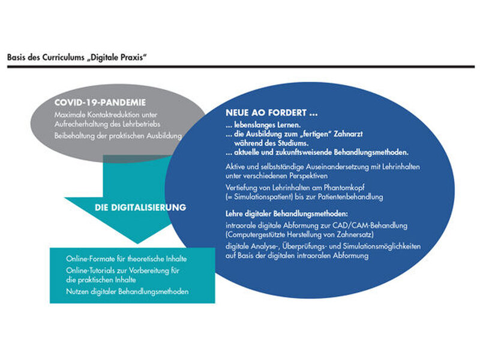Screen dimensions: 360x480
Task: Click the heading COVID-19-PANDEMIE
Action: click(100, 103)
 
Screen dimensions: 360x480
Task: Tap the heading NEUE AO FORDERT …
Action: click(271, 112)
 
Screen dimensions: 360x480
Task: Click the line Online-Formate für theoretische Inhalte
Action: click(126, 259)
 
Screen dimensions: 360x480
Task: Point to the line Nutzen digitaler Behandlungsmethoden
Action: click(128, 292)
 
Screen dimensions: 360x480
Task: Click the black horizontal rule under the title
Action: click(240, 66)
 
